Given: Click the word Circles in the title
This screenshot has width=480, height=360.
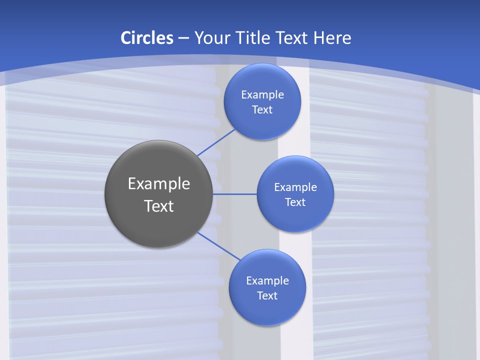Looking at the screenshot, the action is point(146,38).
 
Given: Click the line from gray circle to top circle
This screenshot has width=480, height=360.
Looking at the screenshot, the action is point(216,142).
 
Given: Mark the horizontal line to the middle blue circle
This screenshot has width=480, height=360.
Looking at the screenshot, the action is point(235,194).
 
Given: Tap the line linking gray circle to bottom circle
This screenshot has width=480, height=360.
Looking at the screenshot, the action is point(218,246).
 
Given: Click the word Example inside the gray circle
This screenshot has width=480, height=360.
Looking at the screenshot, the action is point(159,183).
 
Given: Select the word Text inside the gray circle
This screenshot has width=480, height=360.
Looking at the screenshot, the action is point(159,206).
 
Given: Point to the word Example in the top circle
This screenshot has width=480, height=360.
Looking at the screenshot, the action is point(262,95).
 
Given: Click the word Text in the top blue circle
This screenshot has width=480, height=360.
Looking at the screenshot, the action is point(262,110).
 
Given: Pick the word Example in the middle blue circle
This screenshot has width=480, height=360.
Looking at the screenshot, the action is point(295,187).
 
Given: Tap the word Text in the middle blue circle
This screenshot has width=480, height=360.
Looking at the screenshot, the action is point(295,202).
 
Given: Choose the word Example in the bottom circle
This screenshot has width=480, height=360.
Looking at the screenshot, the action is point(267,281).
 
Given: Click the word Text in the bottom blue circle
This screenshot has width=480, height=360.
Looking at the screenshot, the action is point(267,296).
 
